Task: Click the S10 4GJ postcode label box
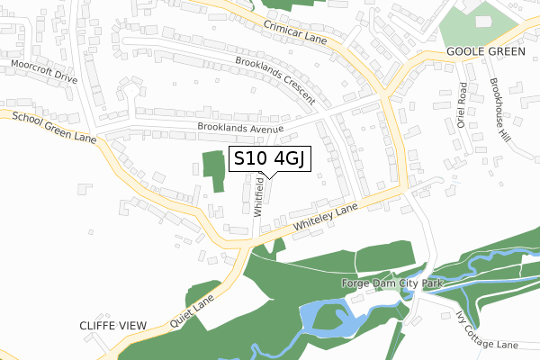pos(271,159)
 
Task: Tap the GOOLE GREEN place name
pos(485,52)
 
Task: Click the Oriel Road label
pos(461,105)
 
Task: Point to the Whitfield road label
pos(258,197)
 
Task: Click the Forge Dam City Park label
pos(393,283)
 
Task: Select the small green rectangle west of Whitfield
pos(213,171)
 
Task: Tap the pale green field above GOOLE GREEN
pos(477,25)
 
